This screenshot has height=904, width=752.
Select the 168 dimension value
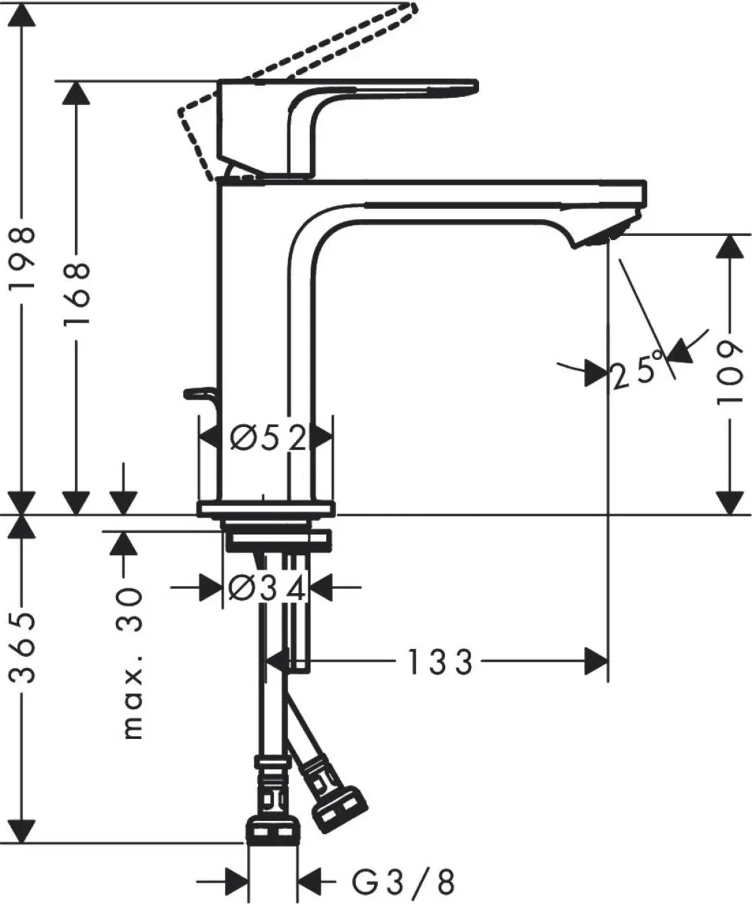[78, 294]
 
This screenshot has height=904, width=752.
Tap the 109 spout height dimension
[729, 374]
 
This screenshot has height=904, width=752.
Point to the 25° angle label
[637, 370]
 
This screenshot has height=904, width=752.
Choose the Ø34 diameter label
[268, 589]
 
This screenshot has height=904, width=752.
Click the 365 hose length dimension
[24, 647]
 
